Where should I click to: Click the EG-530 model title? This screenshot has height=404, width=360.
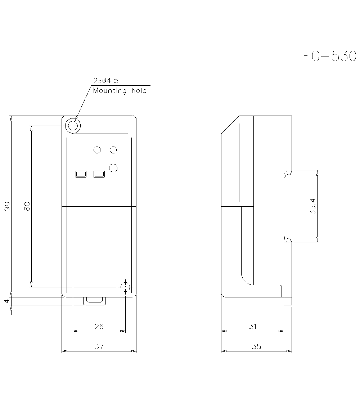click(329, 57)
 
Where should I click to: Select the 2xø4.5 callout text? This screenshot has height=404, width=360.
click(105, 80)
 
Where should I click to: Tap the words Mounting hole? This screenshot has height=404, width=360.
click(120, 91)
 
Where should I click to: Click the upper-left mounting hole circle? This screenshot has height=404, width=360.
click(73, 126)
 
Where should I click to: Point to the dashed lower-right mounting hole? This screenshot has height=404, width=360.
click(125, 287)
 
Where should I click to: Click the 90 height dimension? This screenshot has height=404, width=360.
click(7, 206)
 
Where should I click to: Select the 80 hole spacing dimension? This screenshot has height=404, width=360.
click(27, 206)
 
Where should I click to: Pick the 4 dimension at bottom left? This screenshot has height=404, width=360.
click(7, 301)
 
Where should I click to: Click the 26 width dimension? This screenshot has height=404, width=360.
click(99, 326)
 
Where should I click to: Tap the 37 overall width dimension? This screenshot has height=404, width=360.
click(99, 346)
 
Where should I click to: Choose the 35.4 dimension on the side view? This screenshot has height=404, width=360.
click(312, 206)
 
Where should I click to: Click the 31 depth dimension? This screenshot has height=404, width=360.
click(253, 326)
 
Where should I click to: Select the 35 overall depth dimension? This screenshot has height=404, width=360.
click(256, 346)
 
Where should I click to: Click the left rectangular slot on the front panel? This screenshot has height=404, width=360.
click(81, 174)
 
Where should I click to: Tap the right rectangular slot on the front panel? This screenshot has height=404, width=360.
click(99, 174)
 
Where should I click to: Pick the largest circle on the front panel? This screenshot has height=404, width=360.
click(113, 167)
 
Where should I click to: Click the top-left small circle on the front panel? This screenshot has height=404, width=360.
click(97, 150)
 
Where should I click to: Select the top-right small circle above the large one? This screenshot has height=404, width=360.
click(113, 150)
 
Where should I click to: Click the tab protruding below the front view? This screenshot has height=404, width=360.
click(95, 301)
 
